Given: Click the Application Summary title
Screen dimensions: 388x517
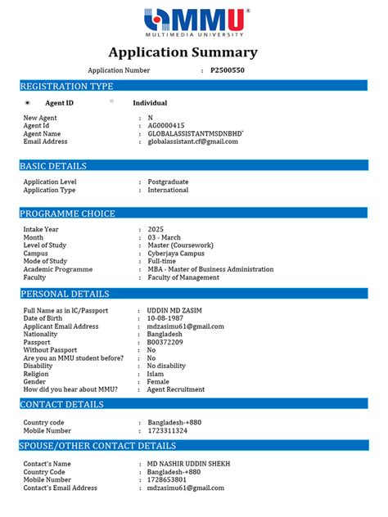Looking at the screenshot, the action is click(194, 53).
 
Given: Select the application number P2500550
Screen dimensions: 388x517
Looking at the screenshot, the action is click(228, 70).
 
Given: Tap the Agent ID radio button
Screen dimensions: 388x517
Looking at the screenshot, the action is click(27, 103).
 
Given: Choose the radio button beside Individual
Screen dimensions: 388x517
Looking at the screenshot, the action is click(111, 102).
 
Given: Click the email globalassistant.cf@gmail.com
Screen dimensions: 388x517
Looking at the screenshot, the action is click(192, 142).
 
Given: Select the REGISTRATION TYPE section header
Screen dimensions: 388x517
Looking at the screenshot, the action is click(67, 86).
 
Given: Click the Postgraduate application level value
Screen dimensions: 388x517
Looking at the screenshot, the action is click(168, 182).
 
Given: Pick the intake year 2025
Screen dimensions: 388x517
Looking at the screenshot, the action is click(156, 229).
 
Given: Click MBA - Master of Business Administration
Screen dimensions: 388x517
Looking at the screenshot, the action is click(210, 269).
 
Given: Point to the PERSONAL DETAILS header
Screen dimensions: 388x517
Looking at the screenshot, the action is click(65, 294).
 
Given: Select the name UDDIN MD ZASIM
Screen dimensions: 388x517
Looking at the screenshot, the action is click(174, 311).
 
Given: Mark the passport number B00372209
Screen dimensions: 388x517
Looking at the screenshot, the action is click(165, 342).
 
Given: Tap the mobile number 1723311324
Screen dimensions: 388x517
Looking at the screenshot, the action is click(167, 430).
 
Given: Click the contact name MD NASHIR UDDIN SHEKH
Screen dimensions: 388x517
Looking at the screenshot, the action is click(188, 464).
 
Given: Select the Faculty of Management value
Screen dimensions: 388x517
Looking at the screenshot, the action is click(183, 277).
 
